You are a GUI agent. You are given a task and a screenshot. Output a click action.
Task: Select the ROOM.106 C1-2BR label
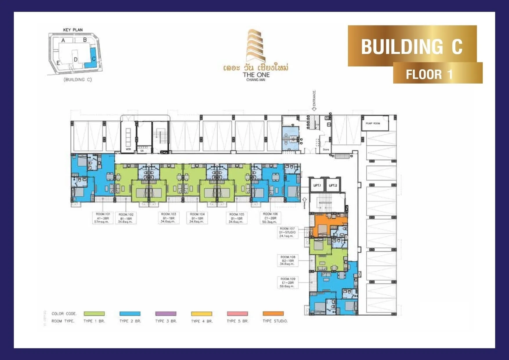pos(270,218)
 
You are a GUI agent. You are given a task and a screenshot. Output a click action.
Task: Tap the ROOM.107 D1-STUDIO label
pos(287,232)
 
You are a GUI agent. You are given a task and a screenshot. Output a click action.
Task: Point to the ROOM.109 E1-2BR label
pos(287,283)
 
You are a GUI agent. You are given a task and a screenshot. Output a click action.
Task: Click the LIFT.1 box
pos(317,185)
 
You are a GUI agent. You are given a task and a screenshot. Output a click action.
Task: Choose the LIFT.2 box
pos(333,185)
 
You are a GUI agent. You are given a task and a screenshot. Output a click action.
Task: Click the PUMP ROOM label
pos(373,124)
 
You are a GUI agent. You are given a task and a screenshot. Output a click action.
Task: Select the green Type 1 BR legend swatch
pos(94,314)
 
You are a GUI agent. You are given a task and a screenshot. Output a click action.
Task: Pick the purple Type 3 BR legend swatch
pos(166,314)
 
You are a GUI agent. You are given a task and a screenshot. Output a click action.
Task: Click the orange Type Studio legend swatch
pos(273,314)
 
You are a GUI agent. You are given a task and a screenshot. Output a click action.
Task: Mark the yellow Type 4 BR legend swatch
pos(201,314)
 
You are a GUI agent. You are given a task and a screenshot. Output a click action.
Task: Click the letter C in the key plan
pos(94,59)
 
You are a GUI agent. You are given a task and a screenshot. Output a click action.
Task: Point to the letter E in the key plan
pos(58,63)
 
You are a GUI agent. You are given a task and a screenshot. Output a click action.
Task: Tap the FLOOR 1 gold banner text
pos(429,74)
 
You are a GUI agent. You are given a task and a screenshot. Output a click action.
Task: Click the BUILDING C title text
pos(411,46)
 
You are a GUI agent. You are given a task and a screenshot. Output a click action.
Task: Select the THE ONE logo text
pos(256,75)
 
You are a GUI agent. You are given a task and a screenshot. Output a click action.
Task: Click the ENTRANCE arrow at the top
pos(314,109)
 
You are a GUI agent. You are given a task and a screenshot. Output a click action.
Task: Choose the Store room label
pos(326,150)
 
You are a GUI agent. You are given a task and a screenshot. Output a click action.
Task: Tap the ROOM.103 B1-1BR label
pos(168,218)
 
